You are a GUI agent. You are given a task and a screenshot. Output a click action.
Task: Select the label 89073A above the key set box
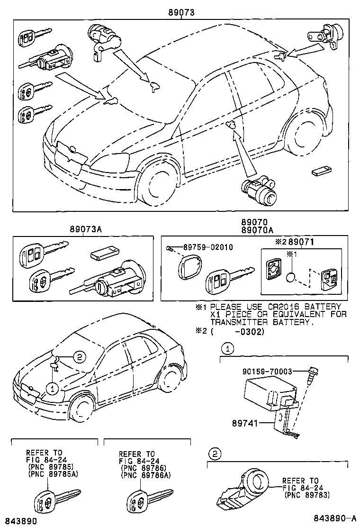[83, 229]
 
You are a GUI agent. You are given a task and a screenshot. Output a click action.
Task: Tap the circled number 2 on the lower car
[79, 357]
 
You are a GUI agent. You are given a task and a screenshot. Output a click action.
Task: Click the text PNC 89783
[306, 495]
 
